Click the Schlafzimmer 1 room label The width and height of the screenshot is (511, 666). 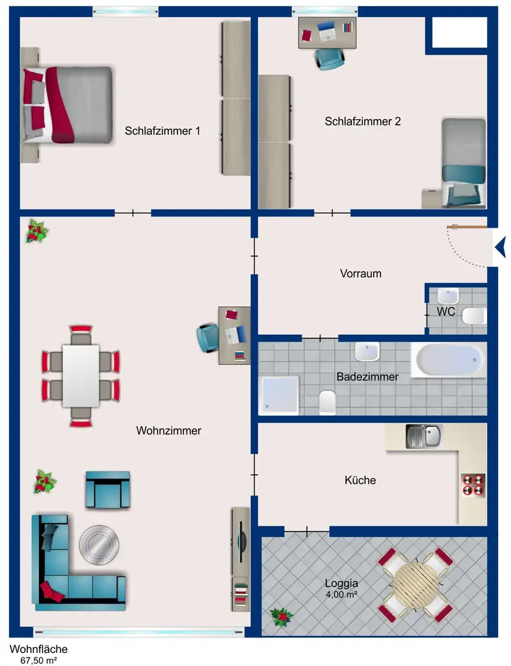point(162,131)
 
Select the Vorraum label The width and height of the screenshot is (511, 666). point(360,273)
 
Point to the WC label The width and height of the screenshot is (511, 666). point(445,312)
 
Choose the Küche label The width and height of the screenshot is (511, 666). point(360,481)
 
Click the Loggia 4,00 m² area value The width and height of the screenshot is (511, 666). point(341,594)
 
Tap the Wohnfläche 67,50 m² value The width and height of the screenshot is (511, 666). point(38,659)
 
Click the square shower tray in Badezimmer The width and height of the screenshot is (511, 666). point(279,395)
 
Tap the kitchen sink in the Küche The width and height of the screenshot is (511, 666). point(423,436)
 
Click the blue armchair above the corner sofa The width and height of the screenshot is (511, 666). point(107,490)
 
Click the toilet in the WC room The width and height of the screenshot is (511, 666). point(473,317)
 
